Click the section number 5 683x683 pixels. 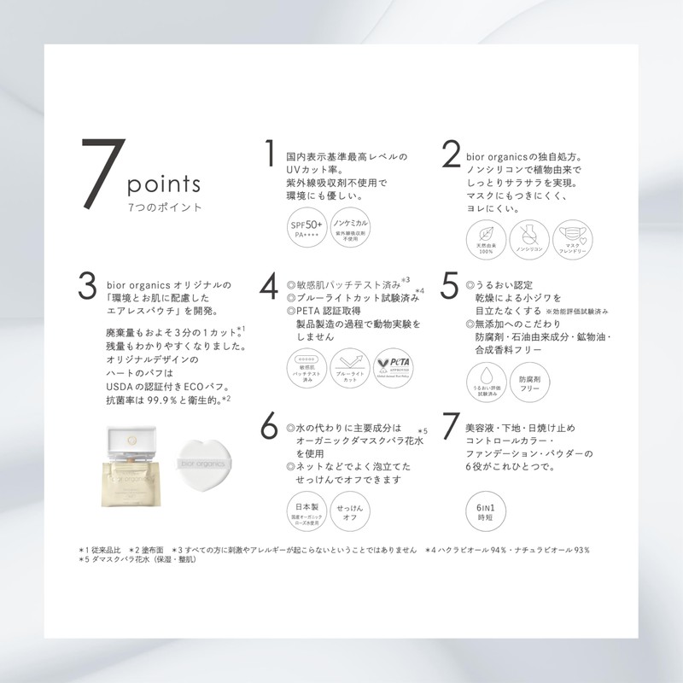(x=450, y=288)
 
